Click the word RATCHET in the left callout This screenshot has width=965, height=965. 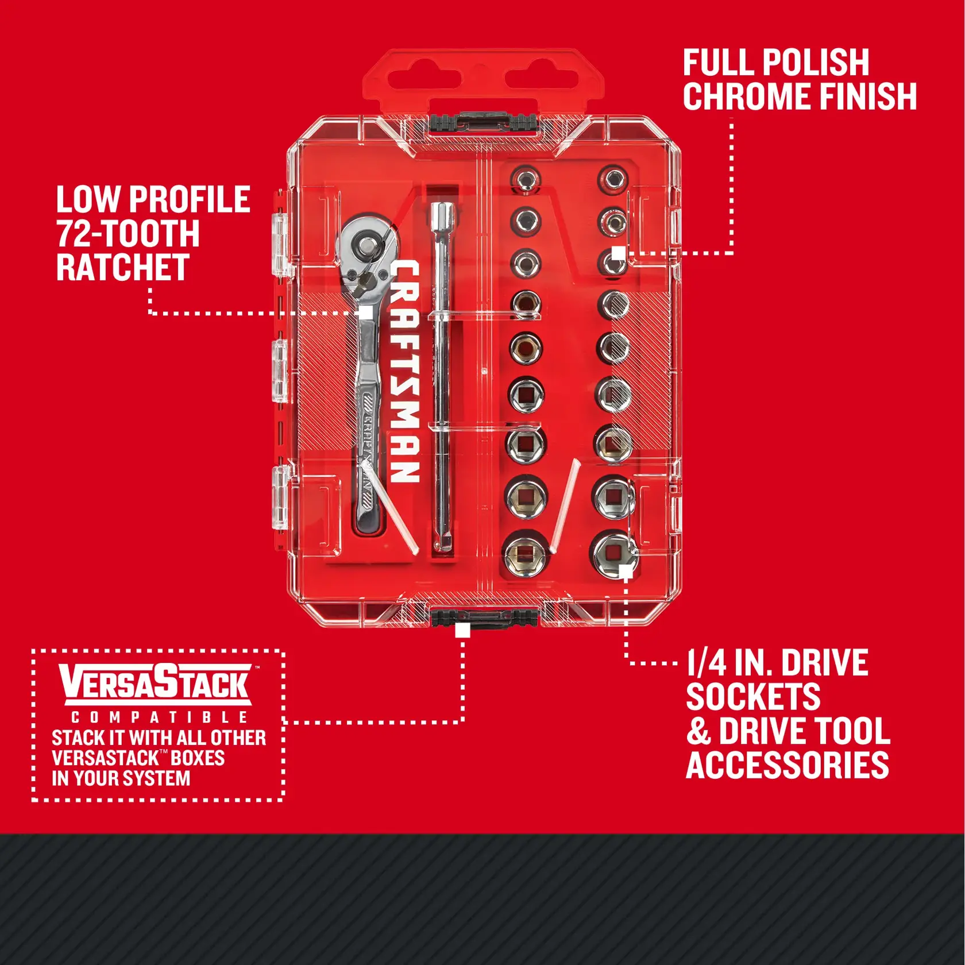click(123, 268)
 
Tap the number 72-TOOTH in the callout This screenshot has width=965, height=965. click(128, 234)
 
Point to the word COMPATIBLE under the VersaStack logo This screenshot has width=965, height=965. click(159, 717)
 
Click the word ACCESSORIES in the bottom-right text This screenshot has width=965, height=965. click(787, 765)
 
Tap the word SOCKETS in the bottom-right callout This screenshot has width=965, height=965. click(753, 697)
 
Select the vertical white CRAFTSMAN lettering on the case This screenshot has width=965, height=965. click(406, 371)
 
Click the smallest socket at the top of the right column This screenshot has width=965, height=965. click(613, 179)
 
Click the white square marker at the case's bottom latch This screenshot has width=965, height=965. click(462, 630)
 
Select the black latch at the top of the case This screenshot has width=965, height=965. click(483, 122)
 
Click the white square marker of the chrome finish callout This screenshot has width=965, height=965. click(618, 253)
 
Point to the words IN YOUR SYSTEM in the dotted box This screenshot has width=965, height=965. click(121, 778)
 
